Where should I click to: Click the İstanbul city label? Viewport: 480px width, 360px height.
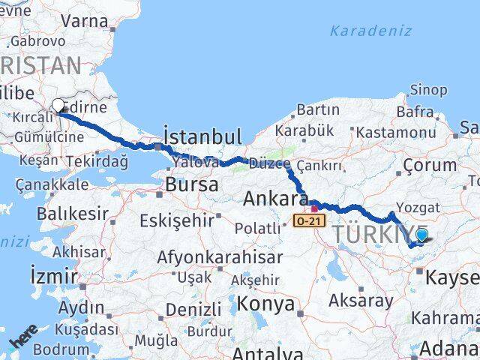pyautogui.click(x=202, y=136)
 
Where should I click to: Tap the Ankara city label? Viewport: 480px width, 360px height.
pyautogui.click(x=275, y=199)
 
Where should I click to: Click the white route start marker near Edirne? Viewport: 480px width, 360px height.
pyautogui.click(x=58, y=106)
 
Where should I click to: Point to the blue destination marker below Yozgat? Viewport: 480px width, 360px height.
pyautogui.click(x=421, y=236)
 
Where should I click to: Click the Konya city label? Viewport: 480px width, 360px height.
pyautogui.click(x=265, y=304)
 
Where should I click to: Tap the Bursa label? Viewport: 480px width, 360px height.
pyautogui.click(x=192, y=184)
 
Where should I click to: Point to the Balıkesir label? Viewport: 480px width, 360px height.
pyautogui.click(x=72, y=214)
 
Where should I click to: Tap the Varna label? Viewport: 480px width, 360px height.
pyautogui.click(x=84, y=20)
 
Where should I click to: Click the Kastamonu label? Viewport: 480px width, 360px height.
pyautogui.click(x=396, y=132)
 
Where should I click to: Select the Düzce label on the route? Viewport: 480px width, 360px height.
pyautogui.click(x=269, y=163)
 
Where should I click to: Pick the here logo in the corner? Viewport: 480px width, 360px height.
pyautogui.click(x=24, y=336)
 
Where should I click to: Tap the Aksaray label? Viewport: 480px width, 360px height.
pyautogui.click(x=361, y=301)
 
